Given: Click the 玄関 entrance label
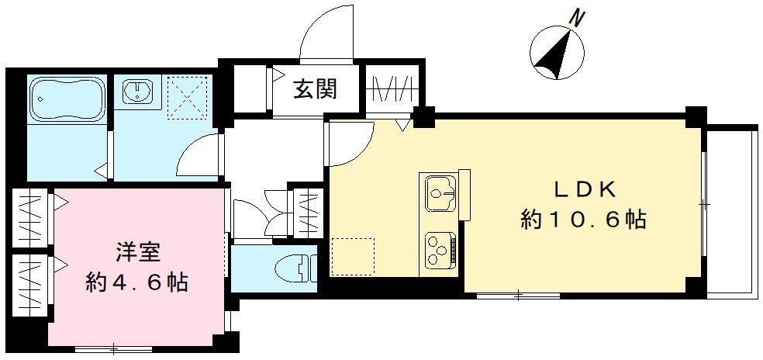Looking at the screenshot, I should click(315, 90).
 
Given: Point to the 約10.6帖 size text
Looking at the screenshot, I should click(583, 220).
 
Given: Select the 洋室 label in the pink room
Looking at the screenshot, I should click(139, 252).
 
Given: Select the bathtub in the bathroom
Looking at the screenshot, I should click(67, 99).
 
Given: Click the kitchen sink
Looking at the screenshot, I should click(440, 192).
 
